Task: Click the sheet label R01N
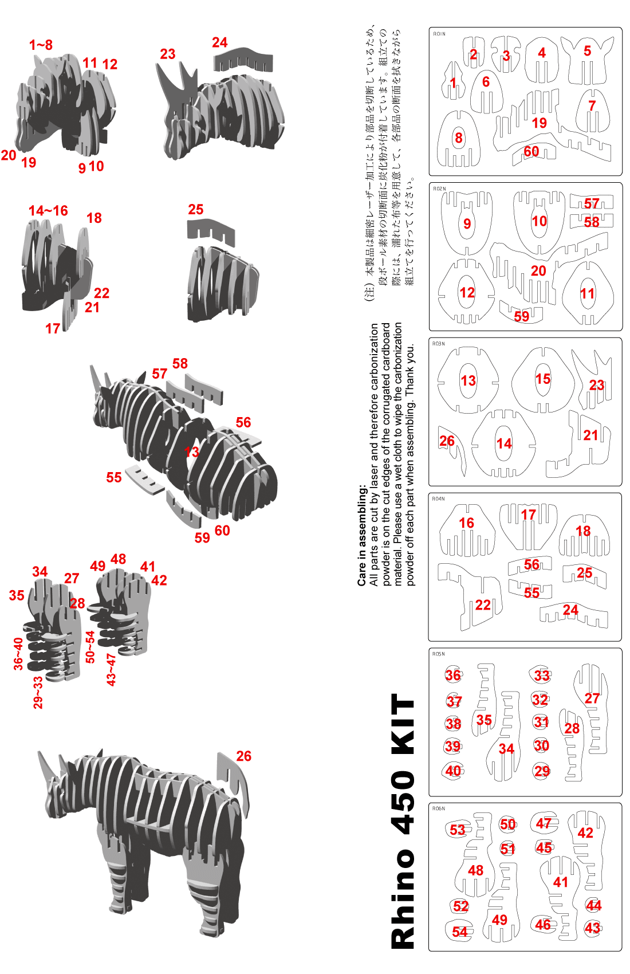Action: pos(439,33)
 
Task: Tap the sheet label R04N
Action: pos(438,498)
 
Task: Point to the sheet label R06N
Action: pos(438,809)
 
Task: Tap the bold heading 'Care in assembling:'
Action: pos(362,535)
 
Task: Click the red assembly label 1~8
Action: pos(41,45)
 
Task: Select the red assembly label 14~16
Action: pos(48,211)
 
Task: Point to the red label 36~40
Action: pos(18,654)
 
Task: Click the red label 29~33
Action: pos(38,693)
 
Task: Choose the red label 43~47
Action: pos(111,670)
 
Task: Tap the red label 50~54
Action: pos(89,647)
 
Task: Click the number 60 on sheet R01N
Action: pos(531,151)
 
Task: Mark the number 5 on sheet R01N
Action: pos(587,51)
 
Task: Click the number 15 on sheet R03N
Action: pos(542,379)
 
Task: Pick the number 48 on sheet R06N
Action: pos(475,870)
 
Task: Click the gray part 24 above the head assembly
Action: pos(243,60)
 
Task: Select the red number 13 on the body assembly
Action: pos(191,452)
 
